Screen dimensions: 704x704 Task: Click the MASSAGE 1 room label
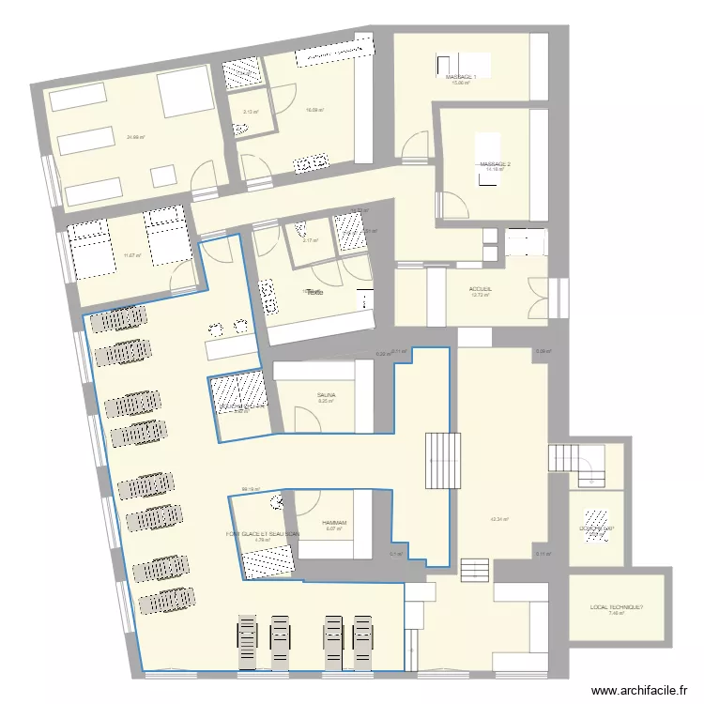[x=461, y=76]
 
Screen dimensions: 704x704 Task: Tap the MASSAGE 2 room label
[x=495, y=164]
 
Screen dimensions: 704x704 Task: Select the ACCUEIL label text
[x=481, y=289]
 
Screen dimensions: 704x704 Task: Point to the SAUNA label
[x=326, y=395]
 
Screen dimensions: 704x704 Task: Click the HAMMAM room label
[x=334, y=522]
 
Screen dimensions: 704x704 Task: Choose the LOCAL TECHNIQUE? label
[x=617, y=608]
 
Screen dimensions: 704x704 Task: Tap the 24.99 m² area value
[x=135, y=137]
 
